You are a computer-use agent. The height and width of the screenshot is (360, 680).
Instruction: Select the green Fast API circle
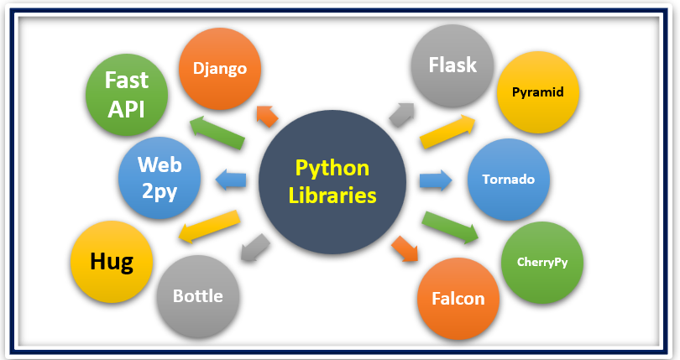(127, 93)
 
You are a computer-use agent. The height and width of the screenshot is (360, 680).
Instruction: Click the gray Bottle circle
(199, 295)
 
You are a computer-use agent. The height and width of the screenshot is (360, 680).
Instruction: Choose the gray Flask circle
(452, 65)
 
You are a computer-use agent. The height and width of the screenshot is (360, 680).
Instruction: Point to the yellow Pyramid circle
(537, 91)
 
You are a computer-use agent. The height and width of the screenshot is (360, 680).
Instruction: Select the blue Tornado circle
(509, 180)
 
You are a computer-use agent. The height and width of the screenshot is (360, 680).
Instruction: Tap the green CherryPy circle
(541, 261)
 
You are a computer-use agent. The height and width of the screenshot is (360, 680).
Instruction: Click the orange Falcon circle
(458, 297)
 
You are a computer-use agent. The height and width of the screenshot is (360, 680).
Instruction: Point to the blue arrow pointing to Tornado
(435, 180)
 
